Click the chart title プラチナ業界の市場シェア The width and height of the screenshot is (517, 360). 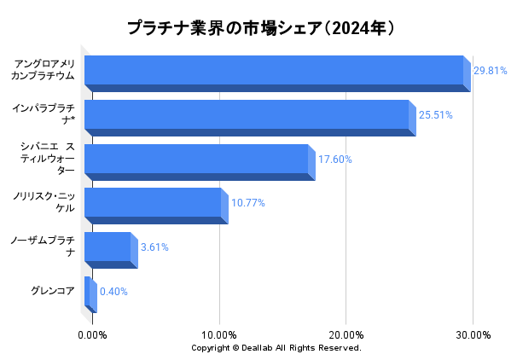261,28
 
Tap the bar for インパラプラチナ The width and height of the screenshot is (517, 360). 247,115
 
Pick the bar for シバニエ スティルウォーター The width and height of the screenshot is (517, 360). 197,160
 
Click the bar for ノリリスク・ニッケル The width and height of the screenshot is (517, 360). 154,203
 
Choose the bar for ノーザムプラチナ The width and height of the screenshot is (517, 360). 108,247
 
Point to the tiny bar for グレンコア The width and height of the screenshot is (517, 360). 89,292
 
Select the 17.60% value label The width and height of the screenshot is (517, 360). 334,160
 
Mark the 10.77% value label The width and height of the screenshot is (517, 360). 248,203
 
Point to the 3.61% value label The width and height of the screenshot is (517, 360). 154,247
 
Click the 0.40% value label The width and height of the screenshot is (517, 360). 113,292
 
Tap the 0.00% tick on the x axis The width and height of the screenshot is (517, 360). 92,334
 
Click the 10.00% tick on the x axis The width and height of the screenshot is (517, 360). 219,334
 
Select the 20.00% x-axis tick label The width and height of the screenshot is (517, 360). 346,334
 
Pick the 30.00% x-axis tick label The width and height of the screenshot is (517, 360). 473,334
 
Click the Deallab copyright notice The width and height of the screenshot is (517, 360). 276,348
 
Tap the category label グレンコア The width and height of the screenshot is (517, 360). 53,292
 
